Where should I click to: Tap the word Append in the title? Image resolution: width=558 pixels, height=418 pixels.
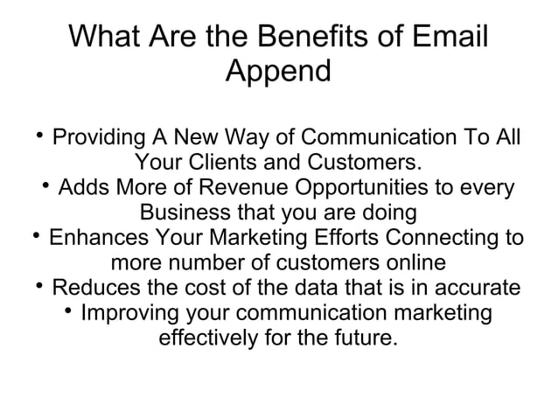coord(278,71)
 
